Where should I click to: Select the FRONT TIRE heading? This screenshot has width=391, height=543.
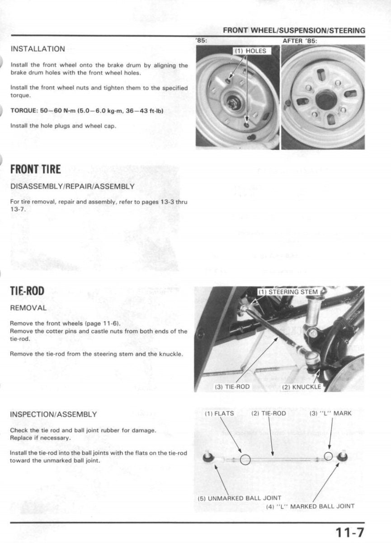click(x=35, y=169)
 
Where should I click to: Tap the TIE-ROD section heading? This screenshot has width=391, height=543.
click(x=27, y=291)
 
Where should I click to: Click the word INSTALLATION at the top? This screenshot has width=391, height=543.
click(x=38, y=49)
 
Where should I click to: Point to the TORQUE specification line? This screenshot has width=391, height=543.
click(x=86, y=111)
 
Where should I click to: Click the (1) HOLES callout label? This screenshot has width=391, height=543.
click(x=250, y=51)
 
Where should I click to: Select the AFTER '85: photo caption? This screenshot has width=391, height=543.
click(x=300, y=41)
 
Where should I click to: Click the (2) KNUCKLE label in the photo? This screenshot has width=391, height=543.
click(x=301, y=387)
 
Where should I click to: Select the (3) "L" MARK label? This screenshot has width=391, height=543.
click(x=330, y=413)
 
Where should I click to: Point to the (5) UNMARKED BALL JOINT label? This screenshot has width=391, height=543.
click(x=240, y=498)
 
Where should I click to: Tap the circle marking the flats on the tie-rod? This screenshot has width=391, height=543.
click(x=245, y=459)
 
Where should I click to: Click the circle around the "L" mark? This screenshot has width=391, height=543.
click(x=329, y=456)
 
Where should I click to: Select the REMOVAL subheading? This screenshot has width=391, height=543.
click(x=28, y=308)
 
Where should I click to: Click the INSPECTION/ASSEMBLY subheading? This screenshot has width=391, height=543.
click(x=53, y=414)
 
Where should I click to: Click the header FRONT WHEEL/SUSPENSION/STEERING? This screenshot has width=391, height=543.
click(x=294, y=30)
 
